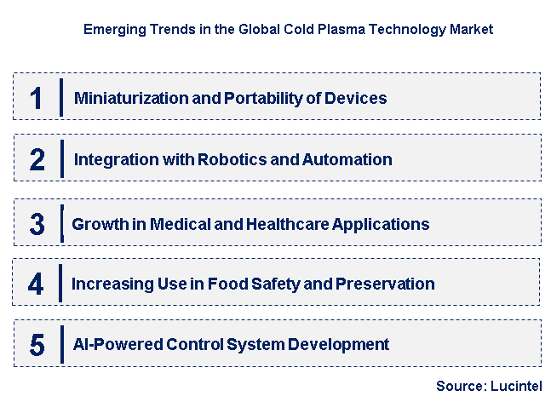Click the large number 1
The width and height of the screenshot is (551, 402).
[x=37, y=98]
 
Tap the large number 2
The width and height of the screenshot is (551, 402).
[x=37, y=159]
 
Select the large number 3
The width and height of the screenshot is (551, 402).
[x=37, y=224]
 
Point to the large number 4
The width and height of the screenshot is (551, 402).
[x=36, y=284]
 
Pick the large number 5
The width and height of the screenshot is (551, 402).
[x=37, y=345]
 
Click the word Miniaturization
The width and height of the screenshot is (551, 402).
[x=131, y=98]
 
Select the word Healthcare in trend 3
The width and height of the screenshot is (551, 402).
[x=288, y=224]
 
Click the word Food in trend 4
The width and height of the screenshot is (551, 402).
[x=227, y=284]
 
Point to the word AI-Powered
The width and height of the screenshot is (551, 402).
[x=118, y=344]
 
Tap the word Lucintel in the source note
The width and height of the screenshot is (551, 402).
[x=517, y=386]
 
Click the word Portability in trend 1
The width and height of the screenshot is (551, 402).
[x=263, y=99]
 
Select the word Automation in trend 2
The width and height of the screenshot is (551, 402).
[x=347, y=159]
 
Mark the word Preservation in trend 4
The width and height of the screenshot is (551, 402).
[x=385, y=284]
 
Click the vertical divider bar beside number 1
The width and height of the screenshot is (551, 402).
[x=61, y=97]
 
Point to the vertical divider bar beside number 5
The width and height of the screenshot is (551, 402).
[x=62, y=344]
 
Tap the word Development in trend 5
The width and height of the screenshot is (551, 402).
[x=338, y=344]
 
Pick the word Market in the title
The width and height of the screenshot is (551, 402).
[x=472, y=29]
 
